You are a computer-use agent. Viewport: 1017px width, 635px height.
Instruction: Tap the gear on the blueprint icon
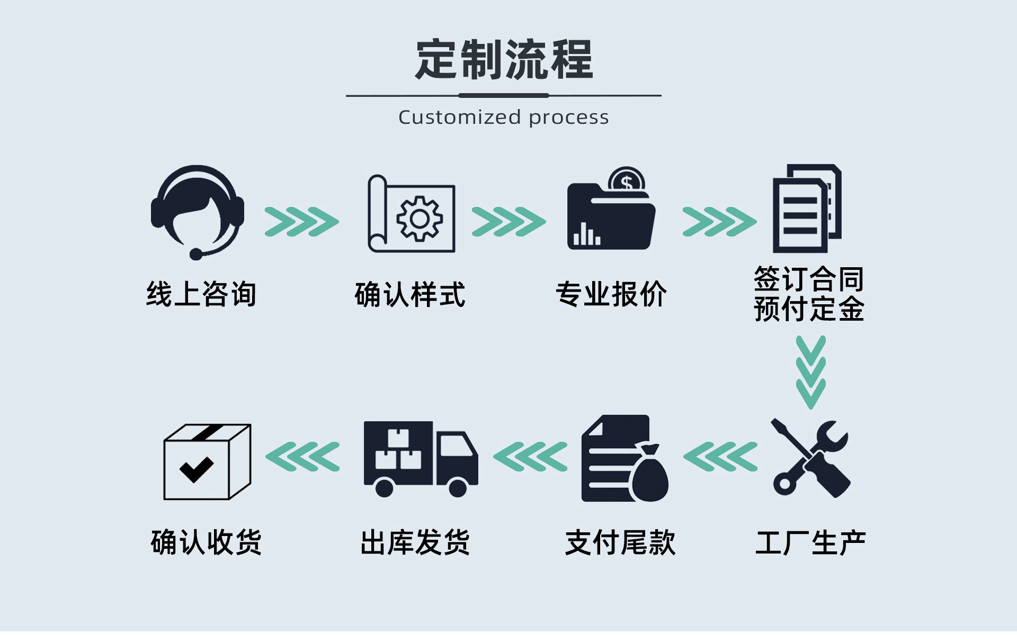point(420,219)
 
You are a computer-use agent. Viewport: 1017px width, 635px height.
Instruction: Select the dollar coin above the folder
point(627,182)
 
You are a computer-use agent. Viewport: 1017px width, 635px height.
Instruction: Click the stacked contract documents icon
point(807,208)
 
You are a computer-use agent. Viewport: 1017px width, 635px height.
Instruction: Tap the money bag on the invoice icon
point(650,474)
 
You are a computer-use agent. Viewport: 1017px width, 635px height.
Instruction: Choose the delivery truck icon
point(421,458)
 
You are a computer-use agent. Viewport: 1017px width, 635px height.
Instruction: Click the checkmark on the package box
point(196,467)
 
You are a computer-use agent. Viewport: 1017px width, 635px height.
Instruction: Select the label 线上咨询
point(201,294)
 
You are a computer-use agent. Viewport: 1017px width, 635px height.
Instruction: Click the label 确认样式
point(410,294)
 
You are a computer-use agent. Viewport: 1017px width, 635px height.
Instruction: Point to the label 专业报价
point(611,294)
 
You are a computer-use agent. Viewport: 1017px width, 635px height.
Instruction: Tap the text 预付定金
point(809,309)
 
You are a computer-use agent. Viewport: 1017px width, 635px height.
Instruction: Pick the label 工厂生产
point(810,543)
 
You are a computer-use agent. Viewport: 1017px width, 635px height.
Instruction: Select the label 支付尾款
point(620,543)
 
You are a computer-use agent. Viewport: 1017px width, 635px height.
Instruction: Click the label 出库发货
point(415,543)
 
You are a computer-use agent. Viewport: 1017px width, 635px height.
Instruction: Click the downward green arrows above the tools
point(810,372)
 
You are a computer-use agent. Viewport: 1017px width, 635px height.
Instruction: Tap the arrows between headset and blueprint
point(301,221)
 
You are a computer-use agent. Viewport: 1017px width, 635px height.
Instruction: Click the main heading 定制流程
point(504,59)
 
